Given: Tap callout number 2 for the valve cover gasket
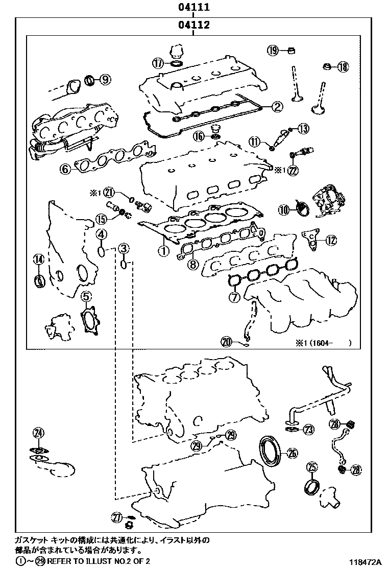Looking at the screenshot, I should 276,106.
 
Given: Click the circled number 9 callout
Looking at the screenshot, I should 105,79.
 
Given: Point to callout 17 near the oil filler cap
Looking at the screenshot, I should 158,63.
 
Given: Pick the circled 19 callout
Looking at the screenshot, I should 273,50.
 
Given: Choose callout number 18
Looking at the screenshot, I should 342,66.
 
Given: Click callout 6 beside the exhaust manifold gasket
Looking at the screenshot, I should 65,169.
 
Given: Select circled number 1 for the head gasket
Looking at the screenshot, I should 163,251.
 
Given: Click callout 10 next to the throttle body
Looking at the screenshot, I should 284,208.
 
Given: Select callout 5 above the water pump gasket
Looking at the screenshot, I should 86,295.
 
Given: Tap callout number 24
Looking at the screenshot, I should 38,433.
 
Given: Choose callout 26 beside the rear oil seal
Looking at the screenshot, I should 292,452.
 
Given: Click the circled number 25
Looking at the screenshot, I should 312,466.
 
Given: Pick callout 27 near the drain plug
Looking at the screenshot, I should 117,518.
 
